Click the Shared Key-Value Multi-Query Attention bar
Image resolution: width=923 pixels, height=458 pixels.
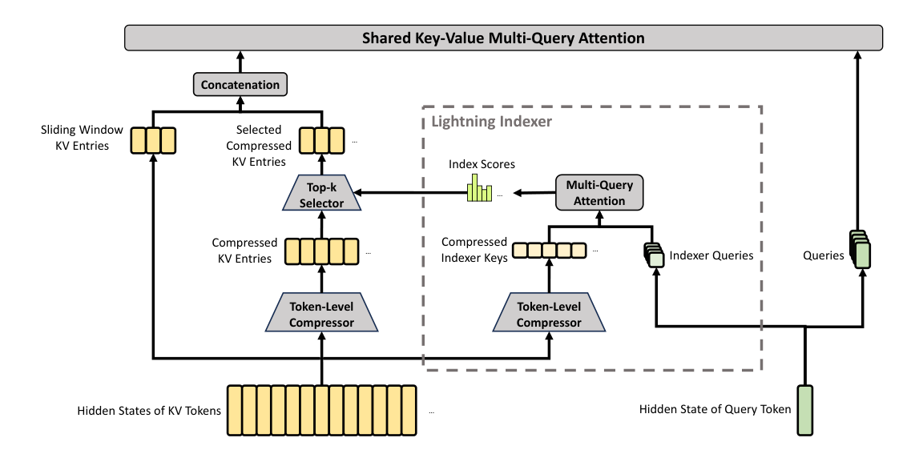[x=503, y=38]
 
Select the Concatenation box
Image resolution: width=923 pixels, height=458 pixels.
[x=240, y=84]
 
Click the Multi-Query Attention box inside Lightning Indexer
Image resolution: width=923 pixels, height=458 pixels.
[x=599, y=193]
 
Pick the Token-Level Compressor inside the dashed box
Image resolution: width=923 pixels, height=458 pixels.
[x=549, y=315]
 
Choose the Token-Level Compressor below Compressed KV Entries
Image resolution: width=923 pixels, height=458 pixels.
[x=321, y=315]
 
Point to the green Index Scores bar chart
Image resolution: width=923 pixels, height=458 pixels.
[x=480, y=190]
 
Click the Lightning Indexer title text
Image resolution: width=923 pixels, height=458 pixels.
[x=492, y=122]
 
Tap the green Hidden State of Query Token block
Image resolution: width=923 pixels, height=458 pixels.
[x=804, y=410]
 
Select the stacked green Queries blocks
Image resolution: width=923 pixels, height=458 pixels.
[x=860, y=250]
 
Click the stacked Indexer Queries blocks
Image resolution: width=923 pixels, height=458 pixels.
[x=654, y=255]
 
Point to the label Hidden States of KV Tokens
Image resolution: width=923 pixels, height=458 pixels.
[x=149, y=411]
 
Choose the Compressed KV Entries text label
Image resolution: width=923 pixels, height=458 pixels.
[x=244, y=250]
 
